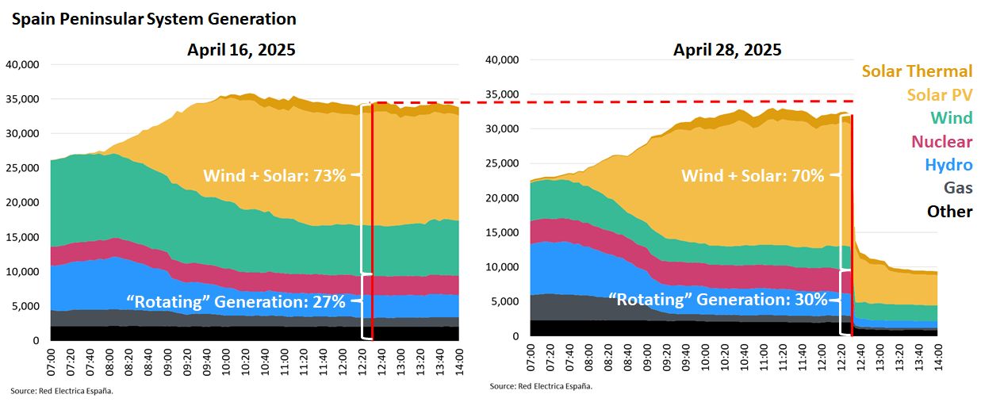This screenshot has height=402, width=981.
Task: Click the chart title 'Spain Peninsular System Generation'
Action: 154,19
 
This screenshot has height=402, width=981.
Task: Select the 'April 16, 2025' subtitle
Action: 241,50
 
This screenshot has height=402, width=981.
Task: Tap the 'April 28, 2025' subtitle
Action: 727,50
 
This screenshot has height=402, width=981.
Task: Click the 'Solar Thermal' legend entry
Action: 917,71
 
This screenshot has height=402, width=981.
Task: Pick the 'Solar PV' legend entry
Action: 939,95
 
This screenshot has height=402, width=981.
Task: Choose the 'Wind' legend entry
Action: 951,118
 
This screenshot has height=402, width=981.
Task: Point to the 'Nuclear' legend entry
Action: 941,142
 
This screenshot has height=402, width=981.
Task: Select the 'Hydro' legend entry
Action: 948,165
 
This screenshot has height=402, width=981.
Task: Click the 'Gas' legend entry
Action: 957,188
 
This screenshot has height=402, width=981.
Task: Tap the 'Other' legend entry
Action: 949,212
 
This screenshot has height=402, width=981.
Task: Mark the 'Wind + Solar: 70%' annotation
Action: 753,176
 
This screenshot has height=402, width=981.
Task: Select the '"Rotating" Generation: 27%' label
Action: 236,302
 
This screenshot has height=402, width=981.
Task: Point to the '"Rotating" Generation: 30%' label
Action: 718,300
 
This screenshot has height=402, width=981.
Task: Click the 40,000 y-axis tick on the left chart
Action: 23,65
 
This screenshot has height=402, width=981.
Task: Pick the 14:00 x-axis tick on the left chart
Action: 458,362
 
